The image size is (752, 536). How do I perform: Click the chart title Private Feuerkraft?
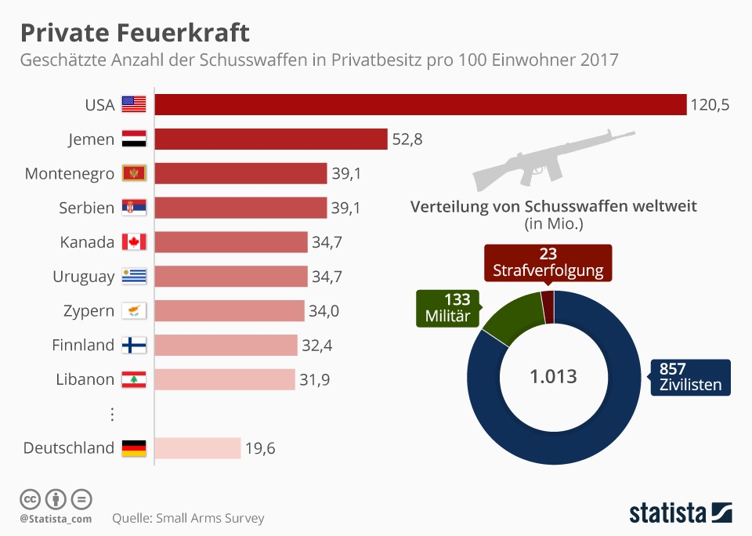tap(134, 33)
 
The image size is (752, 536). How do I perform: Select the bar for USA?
tap(420, 104)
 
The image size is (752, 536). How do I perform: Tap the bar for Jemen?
tap(271, 139)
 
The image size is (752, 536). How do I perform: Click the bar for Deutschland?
tap(197, 448)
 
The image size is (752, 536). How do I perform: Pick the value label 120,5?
tap(710, 104)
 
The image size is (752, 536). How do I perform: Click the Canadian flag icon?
tap(134, 242)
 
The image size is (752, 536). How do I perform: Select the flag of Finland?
tap(134, 345)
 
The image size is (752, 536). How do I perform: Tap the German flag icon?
tap(134, 448)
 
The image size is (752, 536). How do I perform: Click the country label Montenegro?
tap(70, 173)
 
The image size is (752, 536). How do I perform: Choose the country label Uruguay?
tap(84, 277)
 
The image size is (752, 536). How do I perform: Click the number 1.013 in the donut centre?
tap(553, 376)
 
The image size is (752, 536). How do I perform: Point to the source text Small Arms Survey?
tap(188, 518)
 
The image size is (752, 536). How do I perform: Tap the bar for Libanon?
tap(225, 379)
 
